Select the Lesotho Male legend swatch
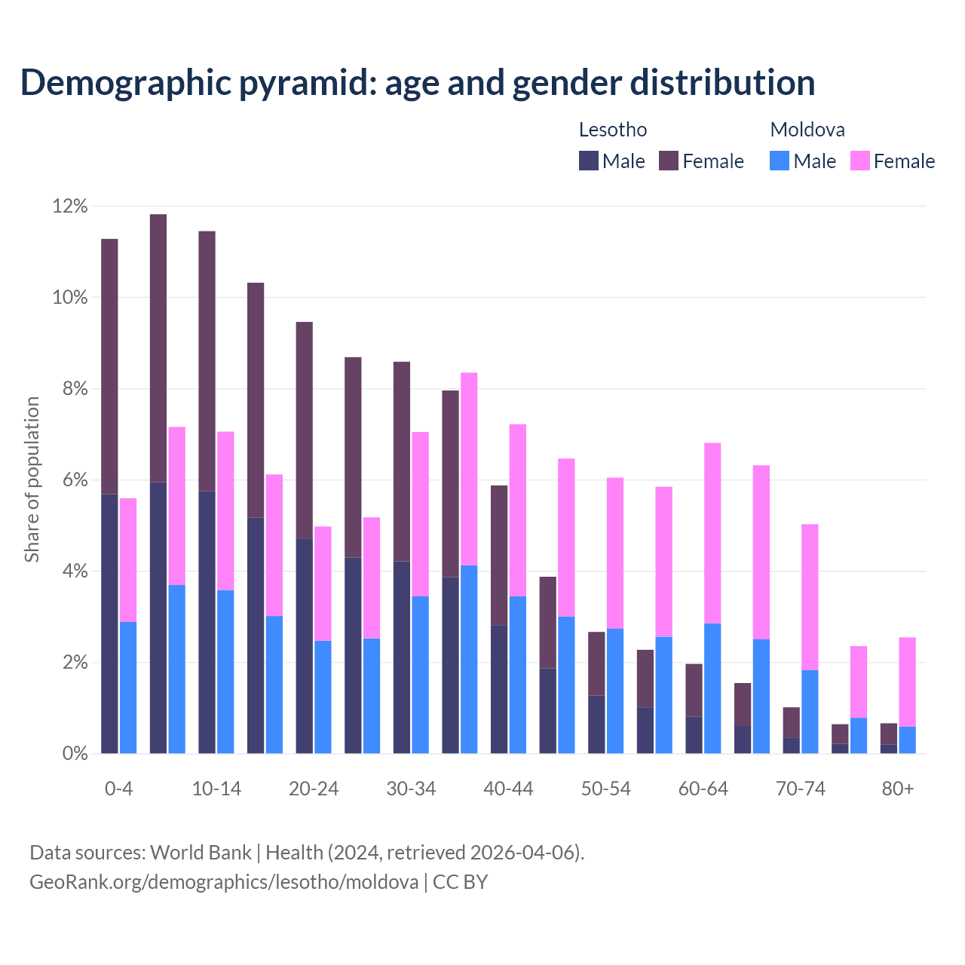(589, 161)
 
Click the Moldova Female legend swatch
(859, 161)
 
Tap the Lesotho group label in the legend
(612, 130)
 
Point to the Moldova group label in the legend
(807, 130)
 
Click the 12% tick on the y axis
(70, 206)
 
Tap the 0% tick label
(74, 754)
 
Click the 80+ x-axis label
(897, 789)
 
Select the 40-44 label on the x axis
(508, 789)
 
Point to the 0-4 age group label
(118, 789)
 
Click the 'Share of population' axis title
(32, 479)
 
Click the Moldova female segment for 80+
(907, 682)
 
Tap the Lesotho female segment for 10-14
(207, 361)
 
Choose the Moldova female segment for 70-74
(810, 596)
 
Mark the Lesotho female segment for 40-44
(499, 555)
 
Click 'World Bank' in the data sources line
(201, 853)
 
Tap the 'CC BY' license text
(460, 881)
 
